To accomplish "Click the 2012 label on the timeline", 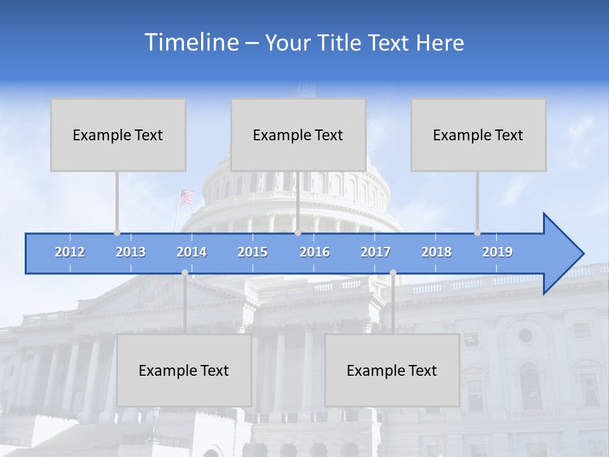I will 70,252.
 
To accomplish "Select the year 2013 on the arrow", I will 131,252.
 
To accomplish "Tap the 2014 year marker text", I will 192,252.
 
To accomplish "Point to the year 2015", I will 252,252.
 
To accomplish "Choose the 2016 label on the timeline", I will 315,252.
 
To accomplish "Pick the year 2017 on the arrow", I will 376,252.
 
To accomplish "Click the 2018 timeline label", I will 436,252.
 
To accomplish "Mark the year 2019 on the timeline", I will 497,252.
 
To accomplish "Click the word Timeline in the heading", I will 190,43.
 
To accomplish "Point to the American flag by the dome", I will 186,197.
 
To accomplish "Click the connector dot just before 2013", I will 117,233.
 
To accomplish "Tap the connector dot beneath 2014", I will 185,273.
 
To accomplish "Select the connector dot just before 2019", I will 477,233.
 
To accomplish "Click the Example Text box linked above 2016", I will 298,135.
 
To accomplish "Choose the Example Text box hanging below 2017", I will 392,370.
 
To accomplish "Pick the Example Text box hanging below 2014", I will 184,370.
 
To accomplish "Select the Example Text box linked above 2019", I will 478,135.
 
